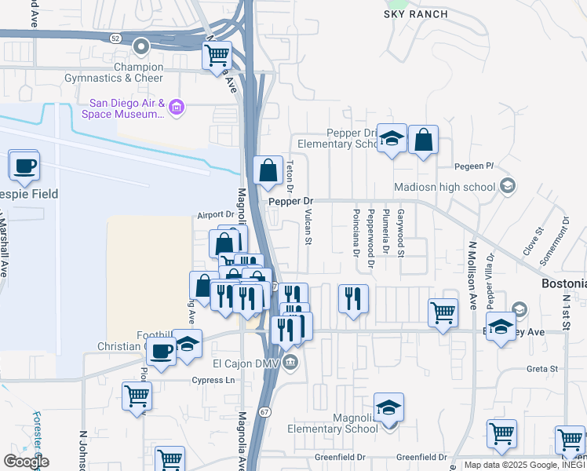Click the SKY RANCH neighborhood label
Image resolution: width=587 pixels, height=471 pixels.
(416, 14)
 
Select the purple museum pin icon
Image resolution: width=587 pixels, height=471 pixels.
(177, 108)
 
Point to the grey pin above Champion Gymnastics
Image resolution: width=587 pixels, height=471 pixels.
(141, 48)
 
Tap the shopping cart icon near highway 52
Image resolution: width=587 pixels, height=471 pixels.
(217, 57)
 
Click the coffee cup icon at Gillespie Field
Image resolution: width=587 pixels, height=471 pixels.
(24, 166)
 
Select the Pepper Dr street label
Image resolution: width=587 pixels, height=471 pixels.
(290, 202)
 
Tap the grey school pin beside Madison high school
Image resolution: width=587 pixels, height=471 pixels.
(508, 186)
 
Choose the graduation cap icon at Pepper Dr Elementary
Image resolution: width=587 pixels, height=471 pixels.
(391, 140)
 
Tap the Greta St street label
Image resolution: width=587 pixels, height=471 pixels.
(541, 368)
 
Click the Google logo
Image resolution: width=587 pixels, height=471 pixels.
(25, 461)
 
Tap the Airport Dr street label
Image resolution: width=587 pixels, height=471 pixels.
(216, 214)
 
